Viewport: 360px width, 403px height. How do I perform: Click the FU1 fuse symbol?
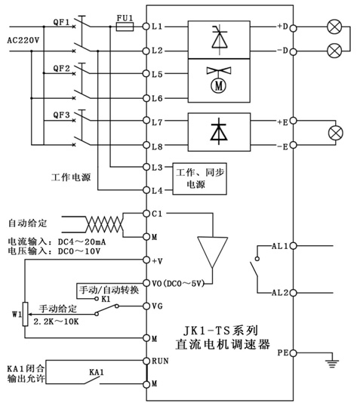coord(125,26)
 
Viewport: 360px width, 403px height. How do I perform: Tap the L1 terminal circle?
coord(146,26)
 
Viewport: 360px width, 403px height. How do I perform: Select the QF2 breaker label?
coord(61,69)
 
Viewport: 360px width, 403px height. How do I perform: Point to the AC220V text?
coord(23,40)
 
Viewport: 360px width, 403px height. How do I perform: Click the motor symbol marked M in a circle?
coord(218,86)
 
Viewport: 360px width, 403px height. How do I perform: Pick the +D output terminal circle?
coord(293,28)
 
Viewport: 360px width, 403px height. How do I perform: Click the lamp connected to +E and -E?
coord(336,133)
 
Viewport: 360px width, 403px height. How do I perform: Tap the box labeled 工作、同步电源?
coord(199,179)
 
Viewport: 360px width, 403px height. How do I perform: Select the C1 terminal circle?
coord(146,214)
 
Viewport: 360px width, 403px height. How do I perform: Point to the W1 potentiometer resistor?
coord(25,314)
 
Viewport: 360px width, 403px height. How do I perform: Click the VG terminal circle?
coord(146,306)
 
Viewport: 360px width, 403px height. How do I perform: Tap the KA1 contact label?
coord(97,372)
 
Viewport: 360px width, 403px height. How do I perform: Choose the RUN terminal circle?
coord(146,361)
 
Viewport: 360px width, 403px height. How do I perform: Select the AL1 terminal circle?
coord(293,246)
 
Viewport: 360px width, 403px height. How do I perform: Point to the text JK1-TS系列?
coord(220,331)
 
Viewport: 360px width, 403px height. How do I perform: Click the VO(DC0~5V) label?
coord(178,284)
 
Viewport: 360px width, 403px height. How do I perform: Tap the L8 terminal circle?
coord(146,145)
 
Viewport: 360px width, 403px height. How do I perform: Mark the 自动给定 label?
coord(28,223)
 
